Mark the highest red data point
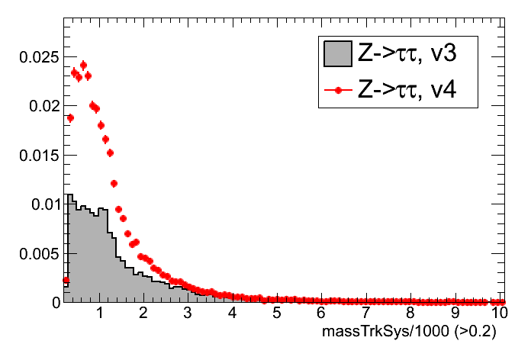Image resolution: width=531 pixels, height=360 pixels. [83, 65]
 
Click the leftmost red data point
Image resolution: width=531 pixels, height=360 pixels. [66, 281]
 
